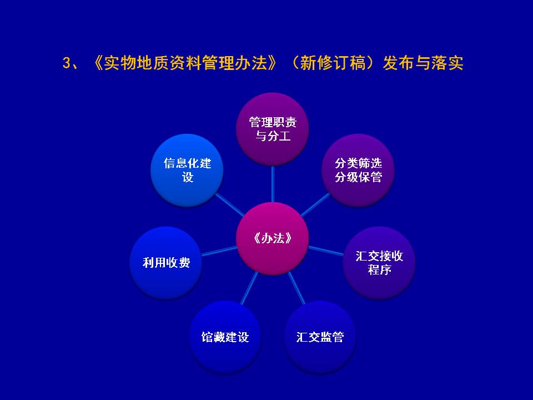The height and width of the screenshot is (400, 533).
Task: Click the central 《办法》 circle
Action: tap(272, 238)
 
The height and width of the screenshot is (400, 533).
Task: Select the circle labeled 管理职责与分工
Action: tap(272, 129)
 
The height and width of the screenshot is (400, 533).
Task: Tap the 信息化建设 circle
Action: tap(187, 170)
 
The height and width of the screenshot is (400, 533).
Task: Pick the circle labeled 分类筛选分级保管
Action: tap(358, 170)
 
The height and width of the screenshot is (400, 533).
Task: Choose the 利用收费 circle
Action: tap(166, 263)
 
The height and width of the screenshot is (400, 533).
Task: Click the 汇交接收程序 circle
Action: tap(379, 263)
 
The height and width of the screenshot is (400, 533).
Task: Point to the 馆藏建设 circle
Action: tap(225, 337)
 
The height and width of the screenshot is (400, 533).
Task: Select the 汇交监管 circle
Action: tap(320, 337)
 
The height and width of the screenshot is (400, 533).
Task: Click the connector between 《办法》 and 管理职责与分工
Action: tap(273, 184)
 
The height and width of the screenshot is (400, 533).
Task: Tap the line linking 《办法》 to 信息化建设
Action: tap(230, 205)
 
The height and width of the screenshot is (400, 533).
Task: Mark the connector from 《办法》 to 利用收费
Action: tap(219, 251)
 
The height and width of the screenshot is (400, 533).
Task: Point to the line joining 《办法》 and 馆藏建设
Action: tap(249, 288)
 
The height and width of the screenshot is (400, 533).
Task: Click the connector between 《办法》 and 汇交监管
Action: tap(296, 288)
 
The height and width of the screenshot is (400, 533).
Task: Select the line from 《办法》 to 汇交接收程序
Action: tap(326, 251)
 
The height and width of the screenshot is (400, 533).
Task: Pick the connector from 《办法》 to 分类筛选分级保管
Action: tap(315, 205)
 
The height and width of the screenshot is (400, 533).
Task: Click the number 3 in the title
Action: tap(66, 63)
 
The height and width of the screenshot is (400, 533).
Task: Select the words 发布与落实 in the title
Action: tap(423, 63)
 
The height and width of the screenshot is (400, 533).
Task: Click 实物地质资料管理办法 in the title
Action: tap(185, 63)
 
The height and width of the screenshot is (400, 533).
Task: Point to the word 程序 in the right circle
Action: tap(379, 270)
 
